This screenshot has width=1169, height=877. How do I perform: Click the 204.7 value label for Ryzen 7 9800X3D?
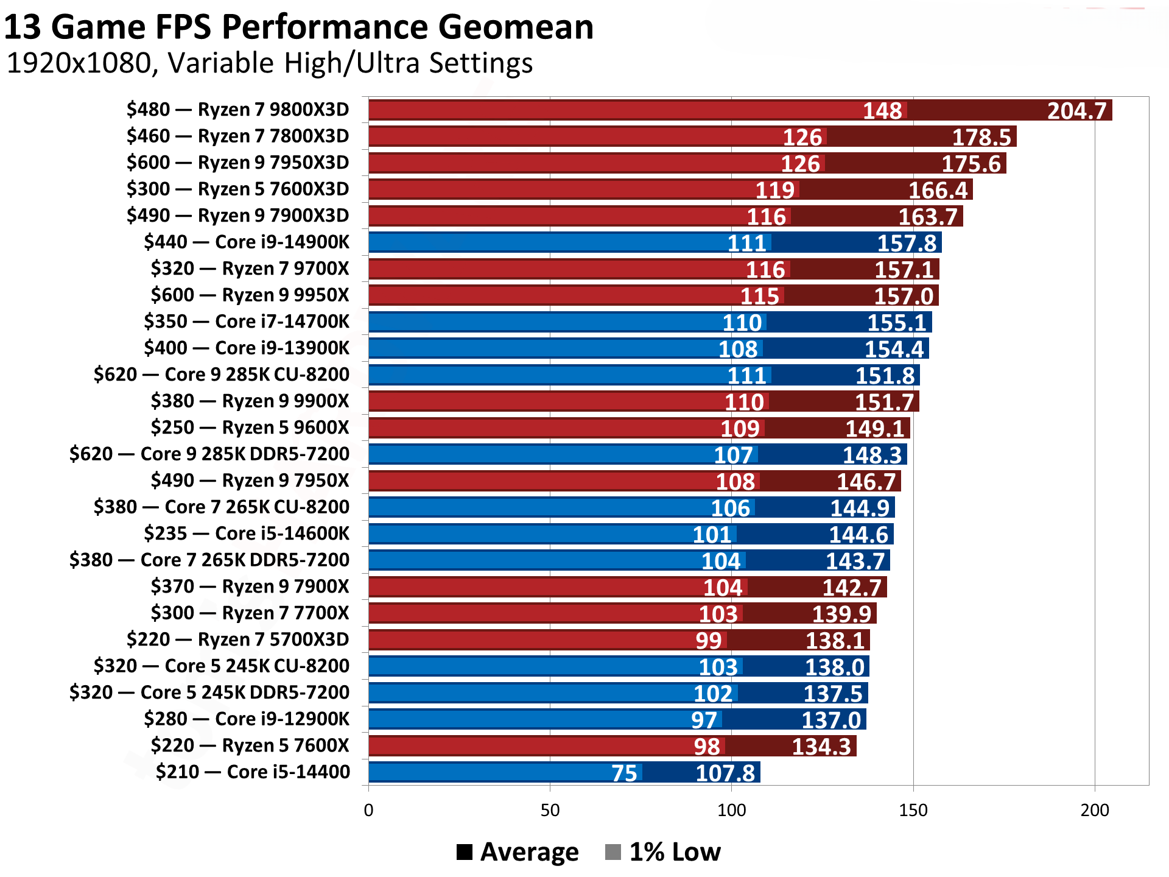click(1076, 111)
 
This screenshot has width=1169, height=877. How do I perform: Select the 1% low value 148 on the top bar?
click(882, 111)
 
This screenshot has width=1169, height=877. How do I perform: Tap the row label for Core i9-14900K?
click(247, 242)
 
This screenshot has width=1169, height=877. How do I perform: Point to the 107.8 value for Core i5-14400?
click(725, 773)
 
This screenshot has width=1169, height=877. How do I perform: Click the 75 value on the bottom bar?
click(624, 773)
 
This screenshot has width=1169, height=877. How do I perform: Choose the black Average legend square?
click(465, 851)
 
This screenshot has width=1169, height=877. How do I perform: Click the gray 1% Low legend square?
click(613, 851)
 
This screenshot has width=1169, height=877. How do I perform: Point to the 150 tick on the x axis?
click(913, 810)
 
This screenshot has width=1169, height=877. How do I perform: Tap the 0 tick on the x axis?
click(368, 810)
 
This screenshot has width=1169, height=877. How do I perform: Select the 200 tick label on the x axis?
click(1094, 810)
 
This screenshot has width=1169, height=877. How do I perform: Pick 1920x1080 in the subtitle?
click(79, 63)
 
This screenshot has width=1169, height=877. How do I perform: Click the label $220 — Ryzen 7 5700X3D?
click(237, 639)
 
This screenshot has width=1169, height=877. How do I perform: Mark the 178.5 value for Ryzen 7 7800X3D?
click(981, 138)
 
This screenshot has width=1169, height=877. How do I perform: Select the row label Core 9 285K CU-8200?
click(222, 375)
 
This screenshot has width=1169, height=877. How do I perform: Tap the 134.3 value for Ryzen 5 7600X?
click(821, 747)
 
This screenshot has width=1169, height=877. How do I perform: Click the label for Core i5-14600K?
click(247, 534)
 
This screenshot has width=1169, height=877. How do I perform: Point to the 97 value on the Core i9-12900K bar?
click(704, 720)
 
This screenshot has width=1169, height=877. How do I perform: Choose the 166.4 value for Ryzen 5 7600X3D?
click(938, 191)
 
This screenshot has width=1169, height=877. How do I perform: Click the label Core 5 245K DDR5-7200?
click(209, 692)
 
